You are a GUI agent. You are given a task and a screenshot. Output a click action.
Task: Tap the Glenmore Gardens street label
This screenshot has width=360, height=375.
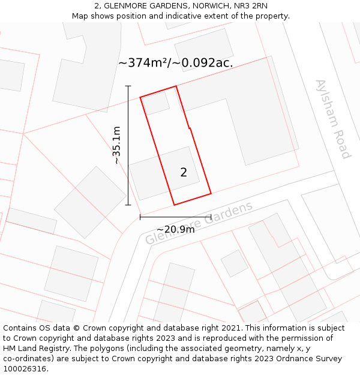(199, 223)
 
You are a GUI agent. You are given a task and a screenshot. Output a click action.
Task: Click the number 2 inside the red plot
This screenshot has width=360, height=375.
(184, 173)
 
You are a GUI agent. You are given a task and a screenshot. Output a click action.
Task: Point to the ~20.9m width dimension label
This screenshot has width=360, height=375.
(175, 229)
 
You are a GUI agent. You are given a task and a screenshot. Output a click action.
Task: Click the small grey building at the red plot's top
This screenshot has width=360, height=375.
(156, 103)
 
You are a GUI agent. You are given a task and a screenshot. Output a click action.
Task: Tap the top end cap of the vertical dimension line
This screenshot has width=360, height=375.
(128, 86)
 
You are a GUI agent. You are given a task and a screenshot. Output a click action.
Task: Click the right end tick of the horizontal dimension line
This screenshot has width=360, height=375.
(211, 217)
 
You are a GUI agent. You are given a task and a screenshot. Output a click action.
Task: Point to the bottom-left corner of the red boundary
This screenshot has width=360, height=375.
(174, 205)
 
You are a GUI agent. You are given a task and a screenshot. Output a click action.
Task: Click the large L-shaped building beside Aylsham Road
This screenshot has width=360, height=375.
(252, 114)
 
